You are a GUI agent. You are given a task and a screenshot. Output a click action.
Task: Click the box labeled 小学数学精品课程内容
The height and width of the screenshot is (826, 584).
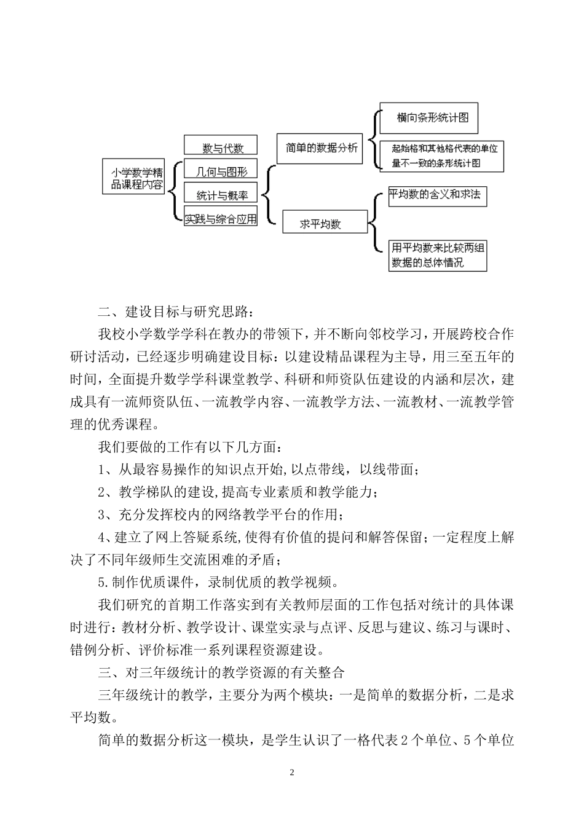point(134,177)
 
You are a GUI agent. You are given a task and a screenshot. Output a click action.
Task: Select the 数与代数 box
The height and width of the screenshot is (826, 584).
point(221,146)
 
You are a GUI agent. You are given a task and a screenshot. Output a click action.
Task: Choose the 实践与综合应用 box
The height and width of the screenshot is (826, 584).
point(221,218)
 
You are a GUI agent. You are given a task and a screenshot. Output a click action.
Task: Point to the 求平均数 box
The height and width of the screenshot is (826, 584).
point(325,222)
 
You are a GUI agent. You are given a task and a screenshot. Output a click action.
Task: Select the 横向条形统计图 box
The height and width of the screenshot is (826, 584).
point(428,118)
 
